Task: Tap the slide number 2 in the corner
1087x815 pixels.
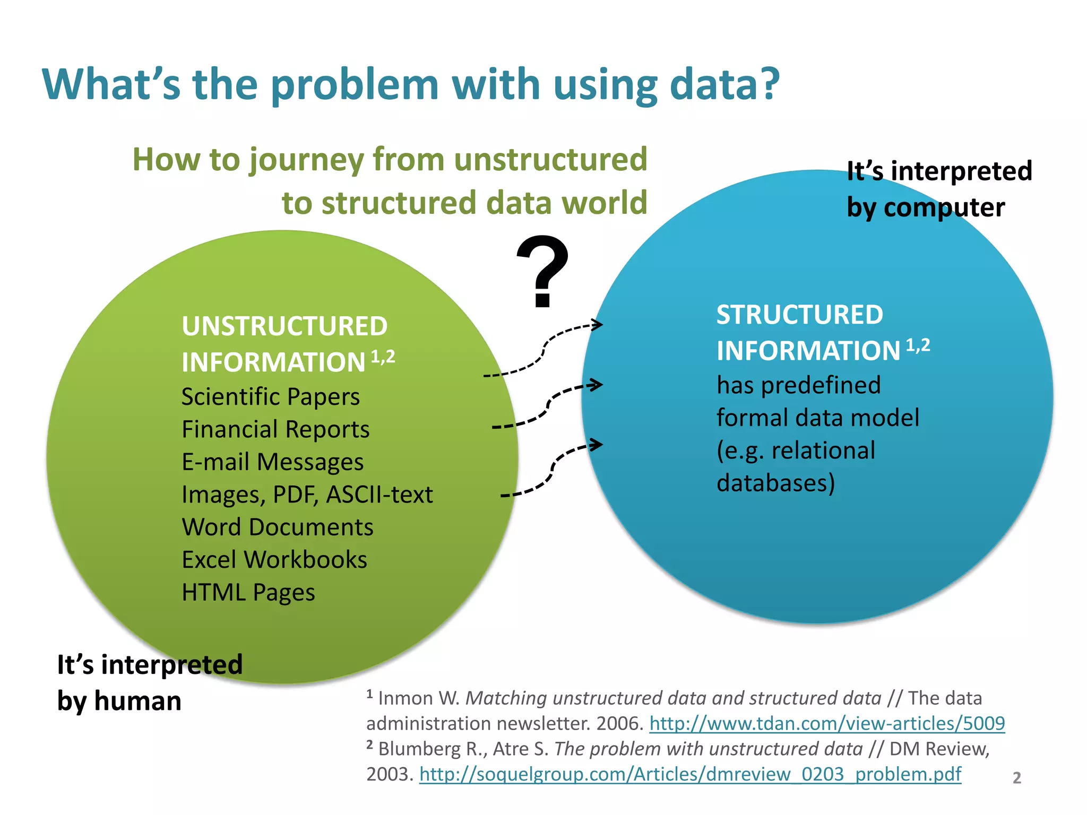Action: point(1016,777)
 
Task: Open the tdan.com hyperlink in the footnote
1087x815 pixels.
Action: point(827,723)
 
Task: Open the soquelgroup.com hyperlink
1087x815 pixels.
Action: point(690,774)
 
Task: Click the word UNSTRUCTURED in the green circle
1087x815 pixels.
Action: point(284,326)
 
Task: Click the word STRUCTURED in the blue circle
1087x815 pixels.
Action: point(799,314)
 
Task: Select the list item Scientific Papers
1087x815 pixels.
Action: point(271,397)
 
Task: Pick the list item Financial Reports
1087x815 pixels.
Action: point(275,429)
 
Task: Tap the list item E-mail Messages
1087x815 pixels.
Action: point(272,462)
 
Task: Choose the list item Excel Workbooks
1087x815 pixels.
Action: point(274,560)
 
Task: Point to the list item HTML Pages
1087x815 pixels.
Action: point(248,593)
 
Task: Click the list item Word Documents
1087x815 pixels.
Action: point(278,527)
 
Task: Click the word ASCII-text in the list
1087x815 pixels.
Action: point(379,495)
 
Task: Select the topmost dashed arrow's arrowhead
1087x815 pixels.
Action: point(598,324)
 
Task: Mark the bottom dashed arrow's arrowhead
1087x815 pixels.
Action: point(598,445)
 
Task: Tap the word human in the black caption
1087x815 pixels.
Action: point(137,701)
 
